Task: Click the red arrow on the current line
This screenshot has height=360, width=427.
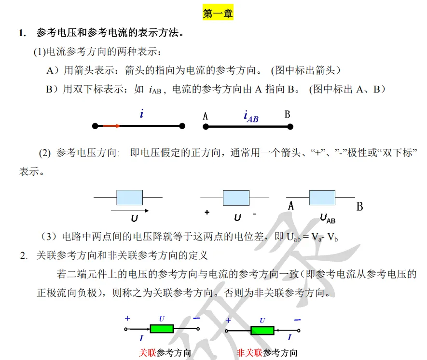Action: (x=111, y=126)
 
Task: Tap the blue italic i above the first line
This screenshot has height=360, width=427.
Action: (x=141, y=114)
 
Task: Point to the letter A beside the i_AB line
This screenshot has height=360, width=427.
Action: (x=206, y=116)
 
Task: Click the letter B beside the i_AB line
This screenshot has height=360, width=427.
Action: (x=287, y=115)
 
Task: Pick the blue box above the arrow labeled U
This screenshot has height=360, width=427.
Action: (x=130, y=198)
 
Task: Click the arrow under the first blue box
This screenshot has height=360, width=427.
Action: (x=130, y=210)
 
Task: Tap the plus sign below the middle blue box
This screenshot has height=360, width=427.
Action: (x=207, y=212)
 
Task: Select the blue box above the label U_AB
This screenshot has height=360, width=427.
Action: (x=322, y=198)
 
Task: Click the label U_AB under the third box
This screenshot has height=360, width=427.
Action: (x=328, y=218)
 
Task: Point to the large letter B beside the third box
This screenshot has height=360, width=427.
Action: (x=359, y=207)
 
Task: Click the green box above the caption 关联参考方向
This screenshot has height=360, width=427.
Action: (x=161, y=329)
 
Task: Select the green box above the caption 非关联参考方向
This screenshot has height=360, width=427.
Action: (x=262, y=330)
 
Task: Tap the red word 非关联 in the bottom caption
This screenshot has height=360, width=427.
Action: (x=249, y=353)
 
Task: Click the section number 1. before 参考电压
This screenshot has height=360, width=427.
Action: (x=22, y=33)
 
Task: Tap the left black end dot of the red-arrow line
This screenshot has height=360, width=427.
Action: (x=95, y=126)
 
